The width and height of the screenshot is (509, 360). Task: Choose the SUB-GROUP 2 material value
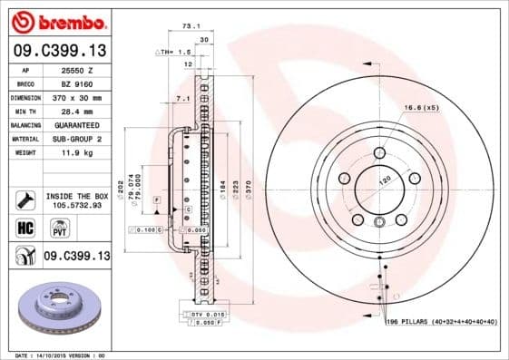[76, 140]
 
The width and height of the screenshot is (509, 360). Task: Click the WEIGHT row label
[24, 153]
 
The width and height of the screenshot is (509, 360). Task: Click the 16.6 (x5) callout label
[423, 108]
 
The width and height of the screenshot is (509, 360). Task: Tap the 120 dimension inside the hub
[384, 182]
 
